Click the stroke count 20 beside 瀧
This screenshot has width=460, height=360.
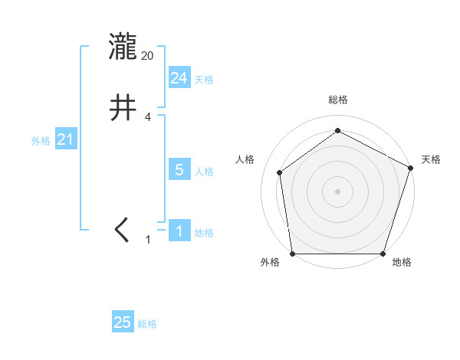148,56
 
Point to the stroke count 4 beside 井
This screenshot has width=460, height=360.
148,117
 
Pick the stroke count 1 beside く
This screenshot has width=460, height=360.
148,240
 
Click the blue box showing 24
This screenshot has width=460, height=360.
179,78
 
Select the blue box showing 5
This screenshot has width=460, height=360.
179,170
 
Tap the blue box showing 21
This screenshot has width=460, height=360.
65,140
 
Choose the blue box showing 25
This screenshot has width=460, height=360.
123,322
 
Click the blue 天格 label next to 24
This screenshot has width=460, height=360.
204,80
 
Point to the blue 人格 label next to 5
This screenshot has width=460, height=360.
204,172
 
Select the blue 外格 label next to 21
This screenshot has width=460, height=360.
41,141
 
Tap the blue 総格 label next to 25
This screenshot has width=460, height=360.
148,324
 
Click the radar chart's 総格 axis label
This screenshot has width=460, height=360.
337,100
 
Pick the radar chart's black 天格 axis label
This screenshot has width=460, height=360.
431,159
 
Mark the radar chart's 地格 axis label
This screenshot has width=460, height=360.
402,263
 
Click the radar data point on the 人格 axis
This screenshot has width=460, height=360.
280,172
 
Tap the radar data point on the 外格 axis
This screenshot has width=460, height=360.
293,253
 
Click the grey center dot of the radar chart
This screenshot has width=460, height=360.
337,191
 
